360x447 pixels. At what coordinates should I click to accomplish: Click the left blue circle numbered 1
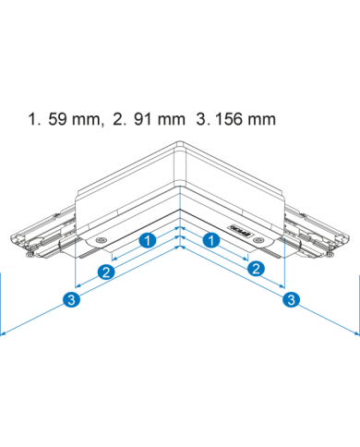(x=147, y=240)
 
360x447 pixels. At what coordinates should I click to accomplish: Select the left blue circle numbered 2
(x=107, y=271)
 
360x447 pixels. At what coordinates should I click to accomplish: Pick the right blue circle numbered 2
(x=256, y=269)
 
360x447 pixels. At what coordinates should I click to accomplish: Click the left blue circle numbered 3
(x=72, y=300)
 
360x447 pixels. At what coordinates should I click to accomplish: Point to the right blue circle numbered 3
(x=292, y=299)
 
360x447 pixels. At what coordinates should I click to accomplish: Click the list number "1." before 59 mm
(x=35, y=120)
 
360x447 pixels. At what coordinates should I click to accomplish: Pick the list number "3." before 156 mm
(x=197, y=120)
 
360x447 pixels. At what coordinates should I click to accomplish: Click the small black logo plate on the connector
(x=238, y=233)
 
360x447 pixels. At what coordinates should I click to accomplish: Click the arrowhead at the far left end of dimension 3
(x=5, y=335)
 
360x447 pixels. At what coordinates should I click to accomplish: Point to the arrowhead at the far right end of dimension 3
(x=355, y=335)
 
